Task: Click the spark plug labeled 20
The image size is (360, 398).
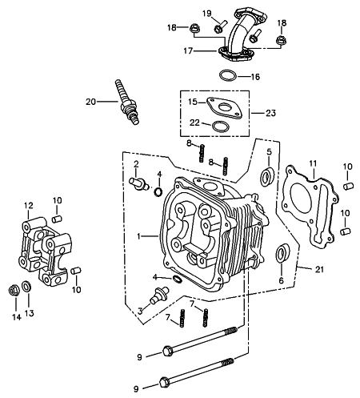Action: click(127, 102)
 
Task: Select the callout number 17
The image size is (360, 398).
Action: click(188, 50)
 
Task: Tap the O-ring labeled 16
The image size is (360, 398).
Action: click(228, 75)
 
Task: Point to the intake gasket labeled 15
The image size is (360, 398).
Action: click(225, 107)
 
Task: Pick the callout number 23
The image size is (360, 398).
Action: click(270, 113)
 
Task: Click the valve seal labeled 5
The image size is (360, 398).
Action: click(267, 177)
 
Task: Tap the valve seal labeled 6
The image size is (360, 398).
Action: click(282, 253)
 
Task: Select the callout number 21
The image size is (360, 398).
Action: click(319, 269)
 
